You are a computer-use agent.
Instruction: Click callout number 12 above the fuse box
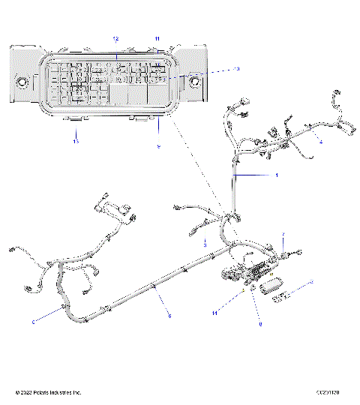pyautogui.click(x=115, y=37)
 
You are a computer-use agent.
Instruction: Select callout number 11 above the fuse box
pyautogui.click(x=157, y=37)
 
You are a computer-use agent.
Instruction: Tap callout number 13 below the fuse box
pyautogui.click(x=76, y=140)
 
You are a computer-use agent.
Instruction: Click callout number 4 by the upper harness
pyautogui.click(x=321, y=141)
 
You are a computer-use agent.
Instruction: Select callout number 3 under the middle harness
pyautogui.click(x=205, y=244)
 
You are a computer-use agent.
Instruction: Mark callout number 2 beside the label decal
pyautogui.click(x=312, y=281)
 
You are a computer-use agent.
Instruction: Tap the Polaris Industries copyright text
pyautogui.click(x=48, y=392)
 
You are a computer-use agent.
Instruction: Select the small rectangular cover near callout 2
pyautogui.click(x=270, y=287)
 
